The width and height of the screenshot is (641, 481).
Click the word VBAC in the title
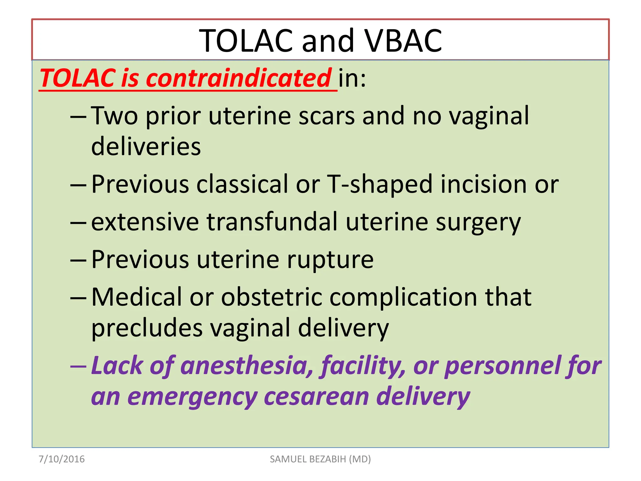(x=404, y=41)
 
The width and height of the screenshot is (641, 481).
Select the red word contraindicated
(x=238, y=78)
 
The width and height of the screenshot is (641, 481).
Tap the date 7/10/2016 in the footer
(x=62, y=459)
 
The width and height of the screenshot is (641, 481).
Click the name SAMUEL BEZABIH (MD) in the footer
(x=320, y=459)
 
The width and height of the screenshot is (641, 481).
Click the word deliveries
(x=146, y=147)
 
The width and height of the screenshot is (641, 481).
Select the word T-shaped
(x=380, y=184)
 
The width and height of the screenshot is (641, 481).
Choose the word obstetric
(x=271, y=297)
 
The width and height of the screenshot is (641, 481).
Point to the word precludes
(x=147, y=328)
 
